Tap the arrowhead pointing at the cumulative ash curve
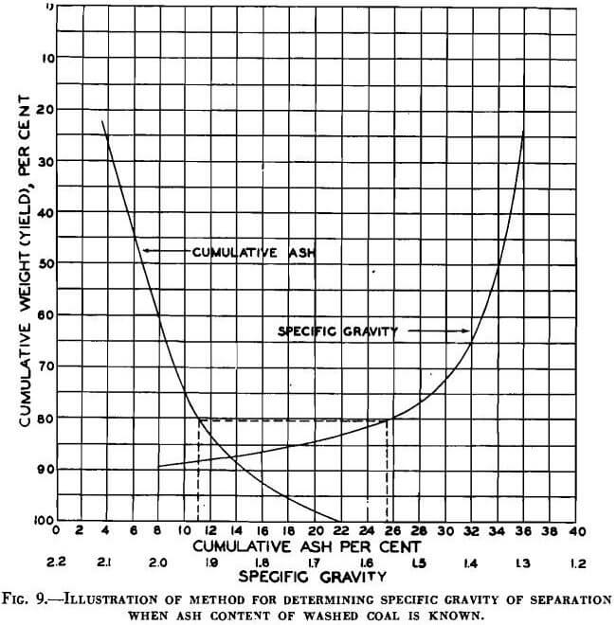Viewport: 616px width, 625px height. [x=146, y=251]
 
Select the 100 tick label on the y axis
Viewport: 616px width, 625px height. [x=42, y=520]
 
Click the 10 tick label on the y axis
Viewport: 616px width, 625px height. [x=45, y=58]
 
